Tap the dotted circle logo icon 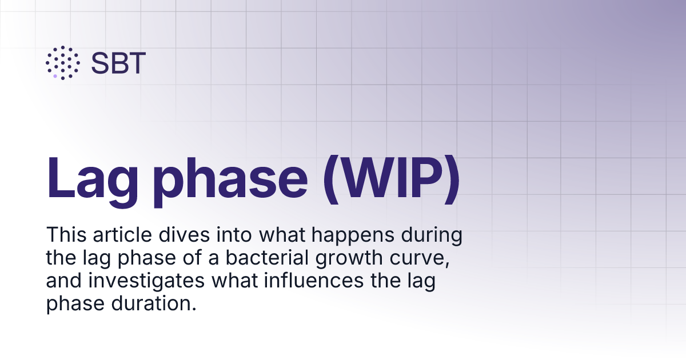click(x=62, y=62)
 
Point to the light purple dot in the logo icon click(x=55, y=75)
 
